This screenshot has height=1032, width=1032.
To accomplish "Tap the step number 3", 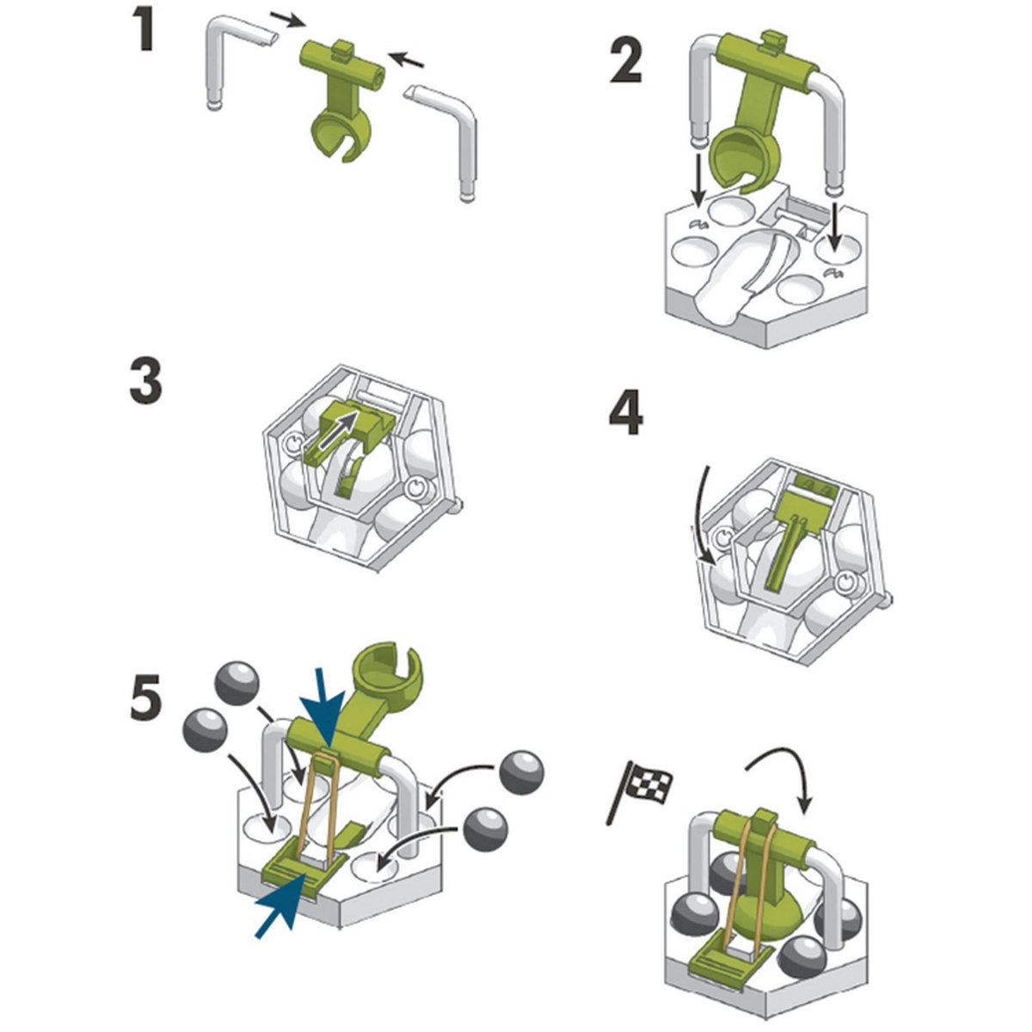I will point(145,383).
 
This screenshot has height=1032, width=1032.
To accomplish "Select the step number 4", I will point(626,415).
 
